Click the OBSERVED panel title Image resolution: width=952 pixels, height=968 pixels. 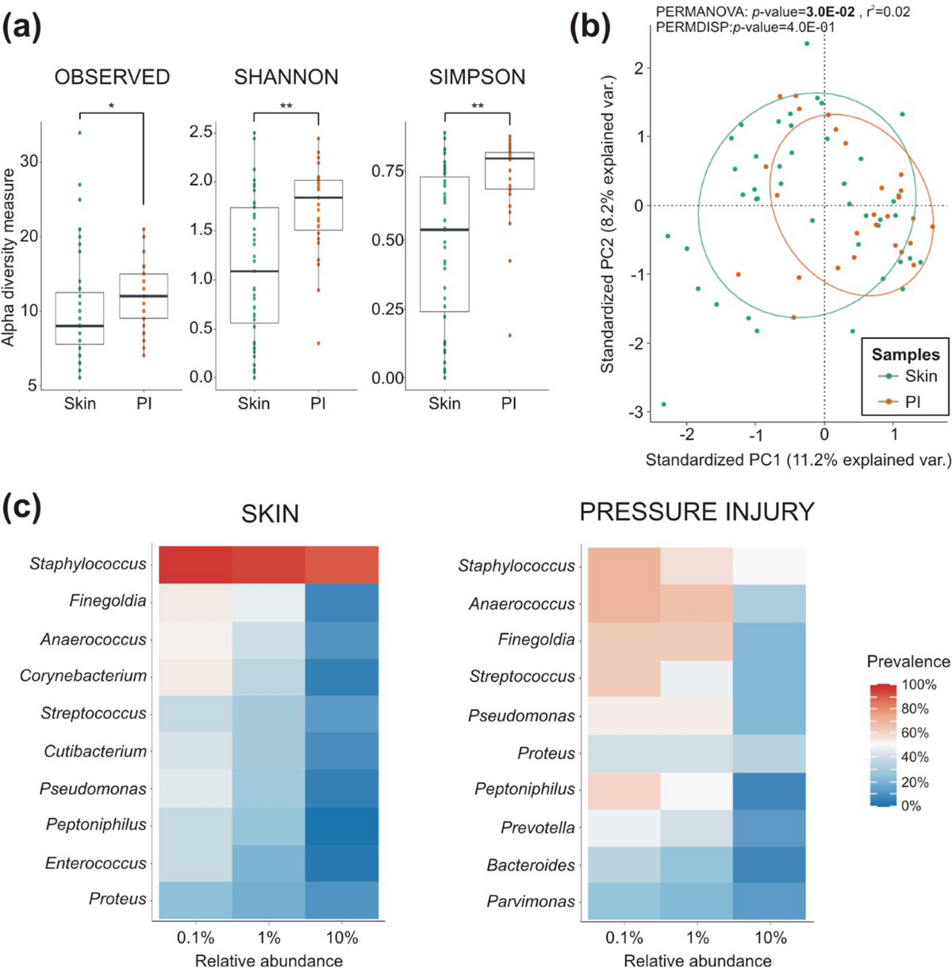112,77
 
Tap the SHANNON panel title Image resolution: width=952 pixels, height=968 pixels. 286,77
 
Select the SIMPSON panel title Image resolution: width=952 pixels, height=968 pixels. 478,77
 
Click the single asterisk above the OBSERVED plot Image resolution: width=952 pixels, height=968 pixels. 112,106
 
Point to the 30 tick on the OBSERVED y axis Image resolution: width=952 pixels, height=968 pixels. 29,161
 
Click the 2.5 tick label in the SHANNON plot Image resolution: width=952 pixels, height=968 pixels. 201,133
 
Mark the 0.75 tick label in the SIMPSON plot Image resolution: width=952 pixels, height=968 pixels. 387,171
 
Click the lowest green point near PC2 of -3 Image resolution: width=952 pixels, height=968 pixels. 664,405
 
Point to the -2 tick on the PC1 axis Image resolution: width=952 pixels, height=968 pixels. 687,434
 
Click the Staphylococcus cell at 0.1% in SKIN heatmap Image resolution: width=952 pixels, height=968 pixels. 195,565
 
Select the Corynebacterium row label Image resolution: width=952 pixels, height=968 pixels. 83,676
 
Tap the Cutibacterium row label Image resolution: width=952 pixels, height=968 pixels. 95,751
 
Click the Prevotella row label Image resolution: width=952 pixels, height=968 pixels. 538,828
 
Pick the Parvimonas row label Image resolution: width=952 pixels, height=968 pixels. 531,901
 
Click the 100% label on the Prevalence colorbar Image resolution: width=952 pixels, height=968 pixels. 919,685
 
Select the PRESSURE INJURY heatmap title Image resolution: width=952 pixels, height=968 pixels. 697,512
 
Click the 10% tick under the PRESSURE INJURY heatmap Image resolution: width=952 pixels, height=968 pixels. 770,938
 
